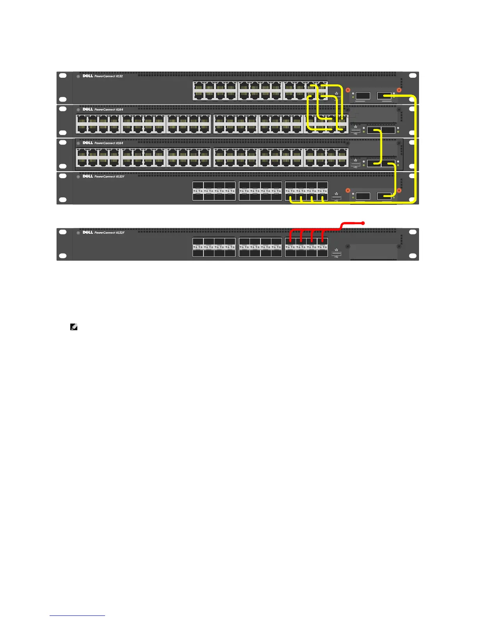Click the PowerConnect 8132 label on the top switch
tap(109, 76)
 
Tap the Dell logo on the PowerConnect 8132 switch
tap(88, 76)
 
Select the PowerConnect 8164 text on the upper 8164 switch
tap(109, 110)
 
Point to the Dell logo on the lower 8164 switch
tap(88, 143)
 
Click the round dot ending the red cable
tap(364, 223)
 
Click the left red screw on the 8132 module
tap(348, 90)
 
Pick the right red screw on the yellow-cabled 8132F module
tap(399, 191)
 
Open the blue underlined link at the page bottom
tap(77, 616)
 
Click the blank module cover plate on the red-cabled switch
tap(373, 252)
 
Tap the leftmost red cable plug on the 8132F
tap(291, 241)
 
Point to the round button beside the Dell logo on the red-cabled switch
tap(78, 233)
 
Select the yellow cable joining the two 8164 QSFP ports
tap(380, 147)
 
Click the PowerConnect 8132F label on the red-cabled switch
tap(109, 233)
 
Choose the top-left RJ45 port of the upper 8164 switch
tap(82, 119)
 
